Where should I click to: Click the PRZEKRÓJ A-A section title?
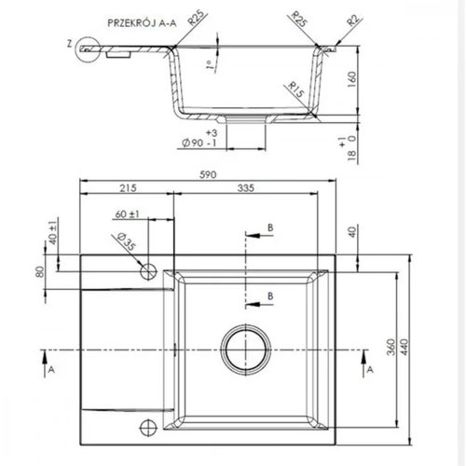coord(142,23)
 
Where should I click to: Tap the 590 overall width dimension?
coord(208,174)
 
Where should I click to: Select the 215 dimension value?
coord(128,188)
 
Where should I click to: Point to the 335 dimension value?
coord(246,188)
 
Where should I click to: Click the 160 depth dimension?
coord(352,79)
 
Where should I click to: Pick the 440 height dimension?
coord(404,347)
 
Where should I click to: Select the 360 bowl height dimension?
coord(391,347)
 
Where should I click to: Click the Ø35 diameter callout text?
coord(127,241)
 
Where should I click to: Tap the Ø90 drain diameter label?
coord(193,143)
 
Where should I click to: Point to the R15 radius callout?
coord(295,89)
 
